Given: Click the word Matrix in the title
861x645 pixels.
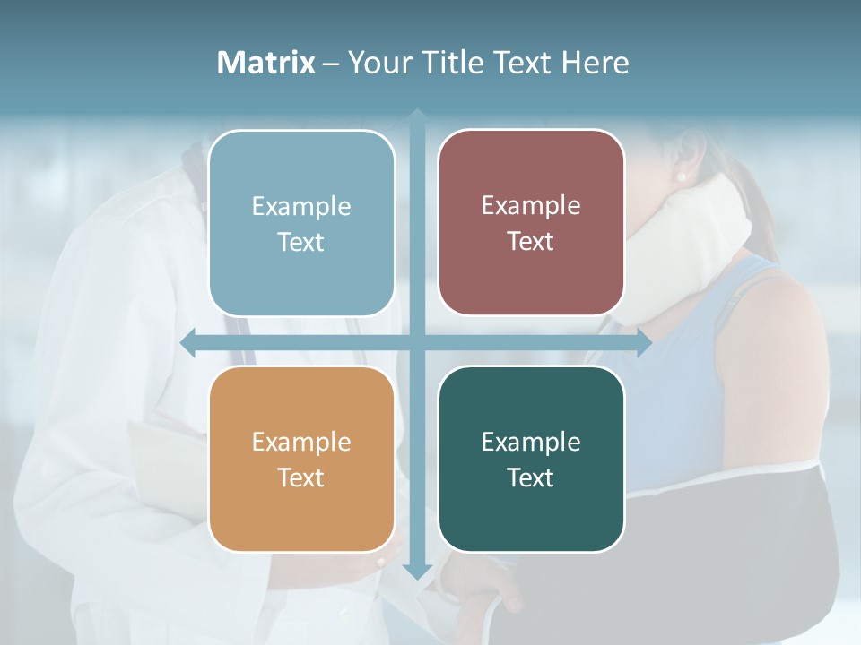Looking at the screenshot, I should [265, 63].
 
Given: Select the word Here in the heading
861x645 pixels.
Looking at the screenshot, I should [596, 63].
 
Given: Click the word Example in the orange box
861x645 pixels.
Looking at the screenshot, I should [301, 443].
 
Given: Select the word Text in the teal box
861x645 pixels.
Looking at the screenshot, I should [531, 477].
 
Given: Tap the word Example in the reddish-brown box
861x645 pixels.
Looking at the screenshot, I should [531, 206].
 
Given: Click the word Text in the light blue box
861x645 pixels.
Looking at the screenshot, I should [301, 242].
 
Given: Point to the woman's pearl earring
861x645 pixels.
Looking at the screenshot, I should [682, 176].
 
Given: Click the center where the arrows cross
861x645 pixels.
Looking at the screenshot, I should [416, 343].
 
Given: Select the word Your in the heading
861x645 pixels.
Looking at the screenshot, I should [377, 63].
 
